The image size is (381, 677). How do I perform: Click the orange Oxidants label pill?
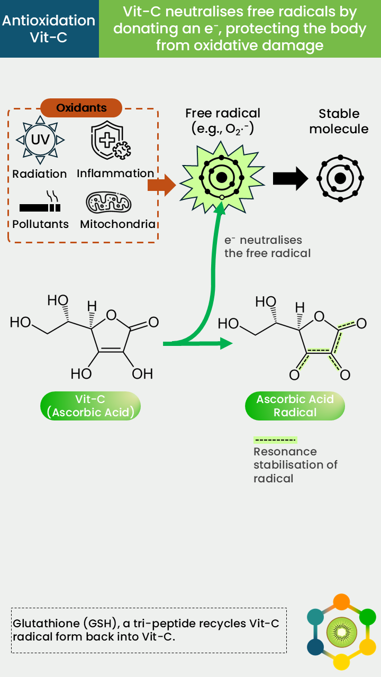pyautogui.click(x=81, y=108)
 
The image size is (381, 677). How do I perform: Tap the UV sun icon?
pyautogui.click(x=40, y=140)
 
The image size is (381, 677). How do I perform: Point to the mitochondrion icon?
pyautogui.click(x=109, y=203)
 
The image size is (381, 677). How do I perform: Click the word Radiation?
pyautogui.click(x=40, y=174)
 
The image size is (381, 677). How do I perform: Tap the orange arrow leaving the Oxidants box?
pyautogui.click(x=162, y=185)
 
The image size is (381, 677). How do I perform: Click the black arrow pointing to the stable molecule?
pyautogui.click(x=291, y=179)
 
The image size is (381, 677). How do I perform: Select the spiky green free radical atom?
pyautogui.click(x=222, y=178)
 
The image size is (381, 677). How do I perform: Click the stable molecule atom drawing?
pyautogui.click(x=340, y=178)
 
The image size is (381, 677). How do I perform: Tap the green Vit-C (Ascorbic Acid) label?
pyautogui.click(x=90, y=406)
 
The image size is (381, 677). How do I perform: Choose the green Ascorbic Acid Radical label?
pyautogui.click(x=295, y=406)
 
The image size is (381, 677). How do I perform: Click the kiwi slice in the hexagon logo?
pyautogui.click(x=342, y=632)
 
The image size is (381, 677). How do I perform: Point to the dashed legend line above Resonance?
pyautogui.click(x=275, y=440)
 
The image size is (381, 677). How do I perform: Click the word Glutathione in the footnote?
pyautogui.click(x=46, y=624)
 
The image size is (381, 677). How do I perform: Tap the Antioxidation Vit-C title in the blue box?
pyautogui.click(x=49, y=29)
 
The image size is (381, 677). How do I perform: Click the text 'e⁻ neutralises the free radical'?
pyautogui.click(x=267, y=246)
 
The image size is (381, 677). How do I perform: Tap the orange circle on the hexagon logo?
pyautogui.click(x=341, y=602)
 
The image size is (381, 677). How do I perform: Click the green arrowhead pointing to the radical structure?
pyautogui.click(x=226, y=343)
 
